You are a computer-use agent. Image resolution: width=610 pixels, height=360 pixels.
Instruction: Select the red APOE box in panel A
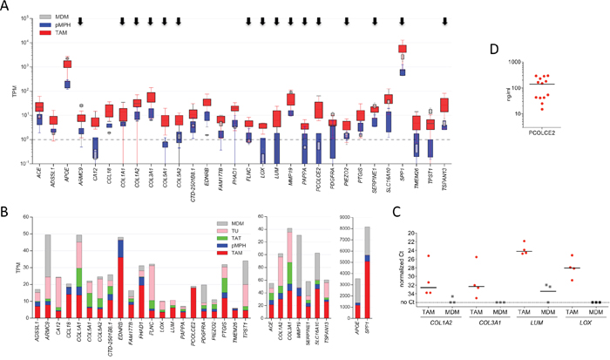coord(67,64)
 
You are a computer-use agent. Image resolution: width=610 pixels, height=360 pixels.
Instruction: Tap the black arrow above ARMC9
coord(81,20)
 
